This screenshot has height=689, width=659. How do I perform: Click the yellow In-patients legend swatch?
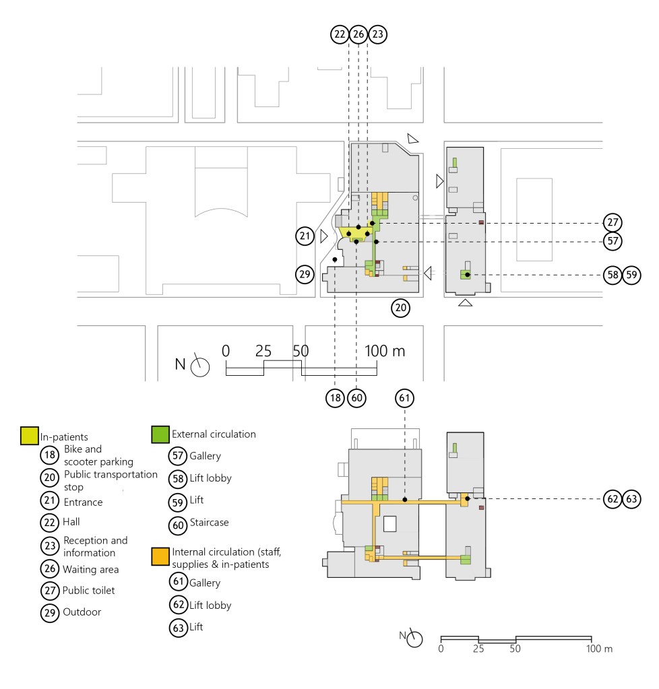(x=29, y=435)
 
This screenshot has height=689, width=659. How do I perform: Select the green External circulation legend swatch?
(x=160, y=434)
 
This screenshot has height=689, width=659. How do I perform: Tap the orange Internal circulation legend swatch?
(x=160, y=556)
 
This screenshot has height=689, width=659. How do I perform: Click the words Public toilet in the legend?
(x=89, y=591)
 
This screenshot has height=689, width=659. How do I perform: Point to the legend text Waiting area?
(x=91, y=570)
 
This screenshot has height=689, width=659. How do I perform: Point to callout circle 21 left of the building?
(x=305, y=236)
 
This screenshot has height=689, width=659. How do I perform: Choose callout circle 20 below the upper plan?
(x=401, y=308)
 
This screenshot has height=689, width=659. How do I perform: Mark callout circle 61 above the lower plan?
(x=404, y=399)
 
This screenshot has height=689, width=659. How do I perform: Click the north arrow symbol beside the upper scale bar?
(x=200, y=366)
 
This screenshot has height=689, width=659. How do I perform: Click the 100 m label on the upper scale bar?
(x=385, y=351)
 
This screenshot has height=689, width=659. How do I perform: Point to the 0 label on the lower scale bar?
(x=441, y=649)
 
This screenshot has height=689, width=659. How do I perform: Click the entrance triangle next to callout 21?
(x=324, y=236)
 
